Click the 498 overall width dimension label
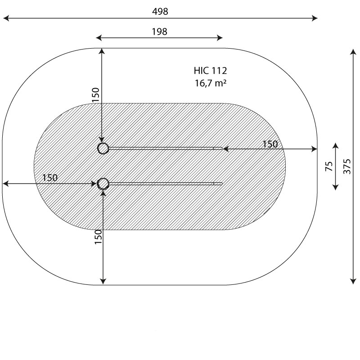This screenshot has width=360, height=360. pyautogui.click(x=160, y=11)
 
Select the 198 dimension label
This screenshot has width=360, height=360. pyautogui.click(x=160, y=31)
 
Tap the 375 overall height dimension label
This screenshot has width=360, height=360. pyautogui.click(x=347, y=166)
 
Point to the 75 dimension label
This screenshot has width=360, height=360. pyautogui.click(x=329, y=166)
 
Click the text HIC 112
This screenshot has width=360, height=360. pyautogui.click(x=210, y=71)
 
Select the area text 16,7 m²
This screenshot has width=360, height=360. pyautogui.click(x=211, y=83)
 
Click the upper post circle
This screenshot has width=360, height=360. pyautogui.click(x=103, y=148)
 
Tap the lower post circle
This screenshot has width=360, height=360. pyautogui.click(x=103, y=184)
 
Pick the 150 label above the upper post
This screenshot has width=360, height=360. pyautogui.click(x=95, y=95)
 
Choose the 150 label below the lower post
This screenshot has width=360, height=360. pyautogui.click(x=98, y=237)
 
